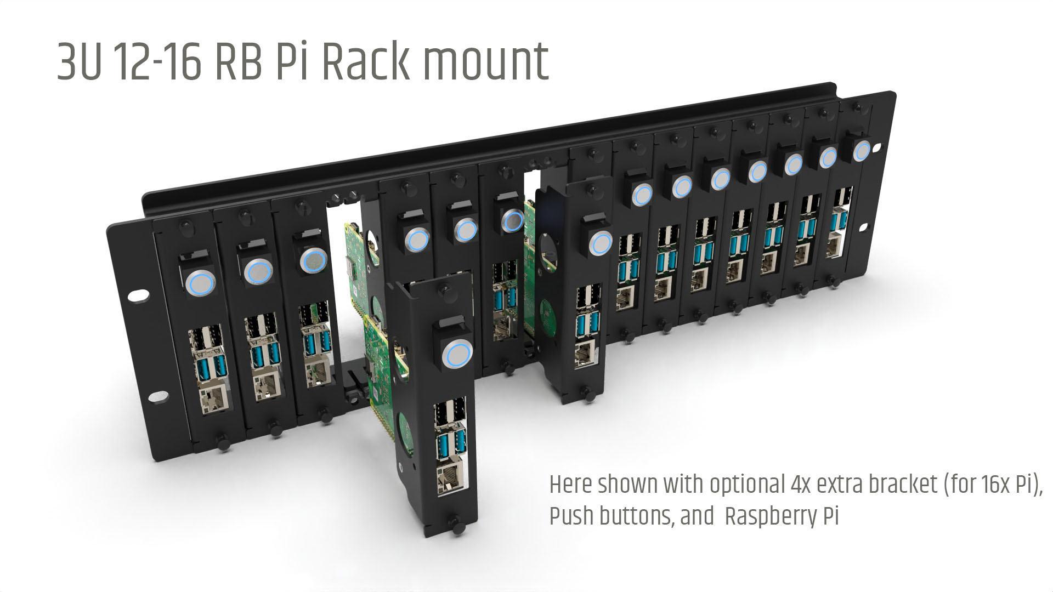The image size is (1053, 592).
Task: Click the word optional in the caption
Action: click(746, 486)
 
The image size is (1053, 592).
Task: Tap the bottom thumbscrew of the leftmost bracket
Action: click(223, 441)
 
